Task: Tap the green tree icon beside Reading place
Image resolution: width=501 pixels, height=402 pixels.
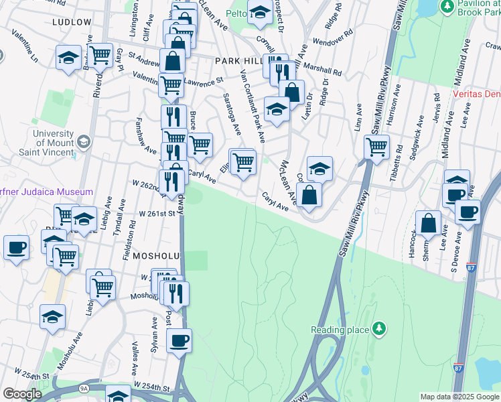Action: pos(380,328)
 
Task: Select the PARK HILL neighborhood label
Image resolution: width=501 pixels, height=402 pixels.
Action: pos(238,61)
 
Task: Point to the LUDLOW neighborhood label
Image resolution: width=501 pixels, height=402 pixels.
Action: pos(70,22)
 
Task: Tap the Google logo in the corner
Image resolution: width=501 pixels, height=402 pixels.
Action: pos(22,393)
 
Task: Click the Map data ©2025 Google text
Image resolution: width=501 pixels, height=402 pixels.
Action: pos(459,397)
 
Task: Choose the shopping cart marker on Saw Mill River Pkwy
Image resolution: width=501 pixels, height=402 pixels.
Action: pos(377,147)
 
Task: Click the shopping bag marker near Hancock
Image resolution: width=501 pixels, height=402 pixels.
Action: pos(428,223)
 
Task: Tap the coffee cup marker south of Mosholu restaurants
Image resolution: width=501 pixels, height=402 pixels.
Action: pos(179,340)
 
